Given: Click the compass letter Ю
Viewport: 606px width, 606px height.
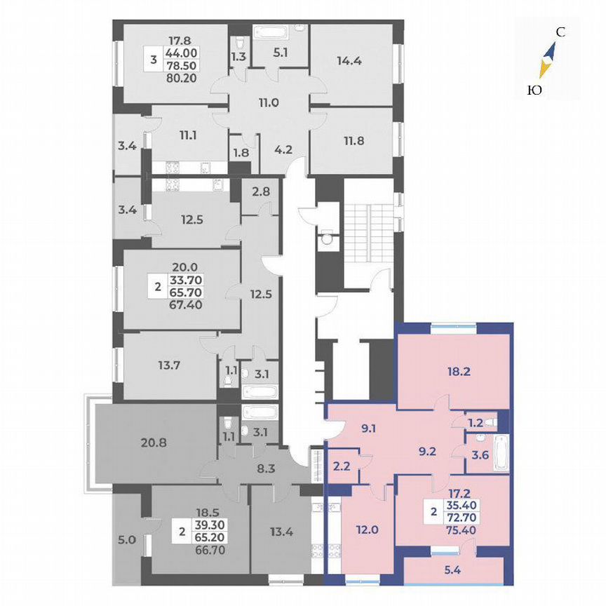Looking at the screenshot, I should pyautogui.click(x=534, y=89).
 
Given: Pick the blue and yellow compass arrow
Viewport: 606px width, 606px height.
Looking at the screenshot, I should pyautogui.click(x=547, y=60).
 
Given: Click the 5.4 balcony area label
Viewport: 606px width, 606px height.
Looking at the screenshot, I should pyautogui.click(x=456, y=572).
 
